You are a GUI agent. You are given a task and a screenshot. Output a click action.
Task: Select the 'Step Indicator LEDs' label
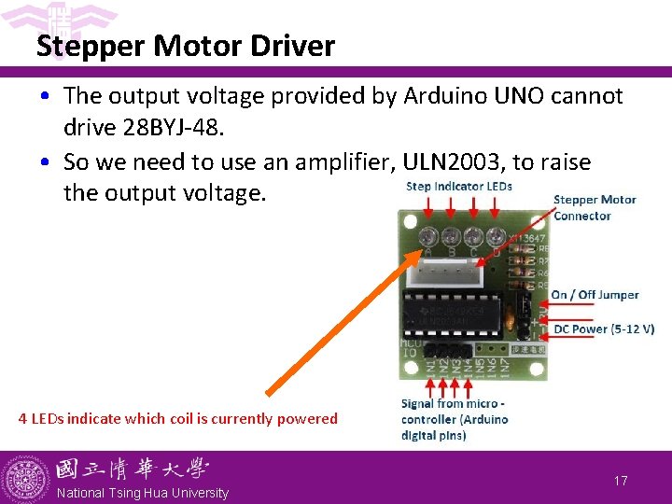[x=459, y=186]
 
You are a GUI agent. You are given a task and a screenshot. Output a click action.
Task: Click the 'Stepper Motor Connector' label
[x=595, y=207]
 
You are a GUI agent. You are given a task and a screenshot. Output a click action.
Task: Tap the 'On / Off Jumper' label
[x=595, y=295]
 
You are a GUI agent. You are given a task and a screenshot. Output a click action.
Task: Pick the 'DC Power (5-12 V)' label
[x=604, y=329]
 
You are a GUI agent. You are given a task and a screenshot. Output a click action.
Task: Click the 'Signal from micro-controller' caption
[x=455, y=419]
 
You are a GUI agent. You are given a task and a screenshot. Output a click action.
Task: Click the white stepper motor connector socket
[x=454, y=271]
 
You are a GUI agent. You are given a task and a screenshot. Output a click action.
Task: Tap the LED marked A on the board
[x=428, y=237]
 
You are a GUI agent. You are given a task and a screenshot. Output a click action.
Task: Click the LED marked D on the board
[x=494, y=237]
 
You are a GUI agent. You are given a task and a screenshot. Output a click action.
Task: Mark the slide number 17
[x=621, y=481]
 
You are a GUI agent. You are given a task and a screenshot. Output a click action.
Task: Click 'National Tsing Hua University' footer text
[x=143, y=493]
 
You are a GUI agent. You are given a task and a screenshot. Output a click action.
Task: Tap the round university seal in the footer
[x=26, y=478]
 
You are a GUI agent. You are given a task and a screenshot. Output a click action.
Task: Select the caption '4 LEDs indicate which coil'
[x=178, y=418]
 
